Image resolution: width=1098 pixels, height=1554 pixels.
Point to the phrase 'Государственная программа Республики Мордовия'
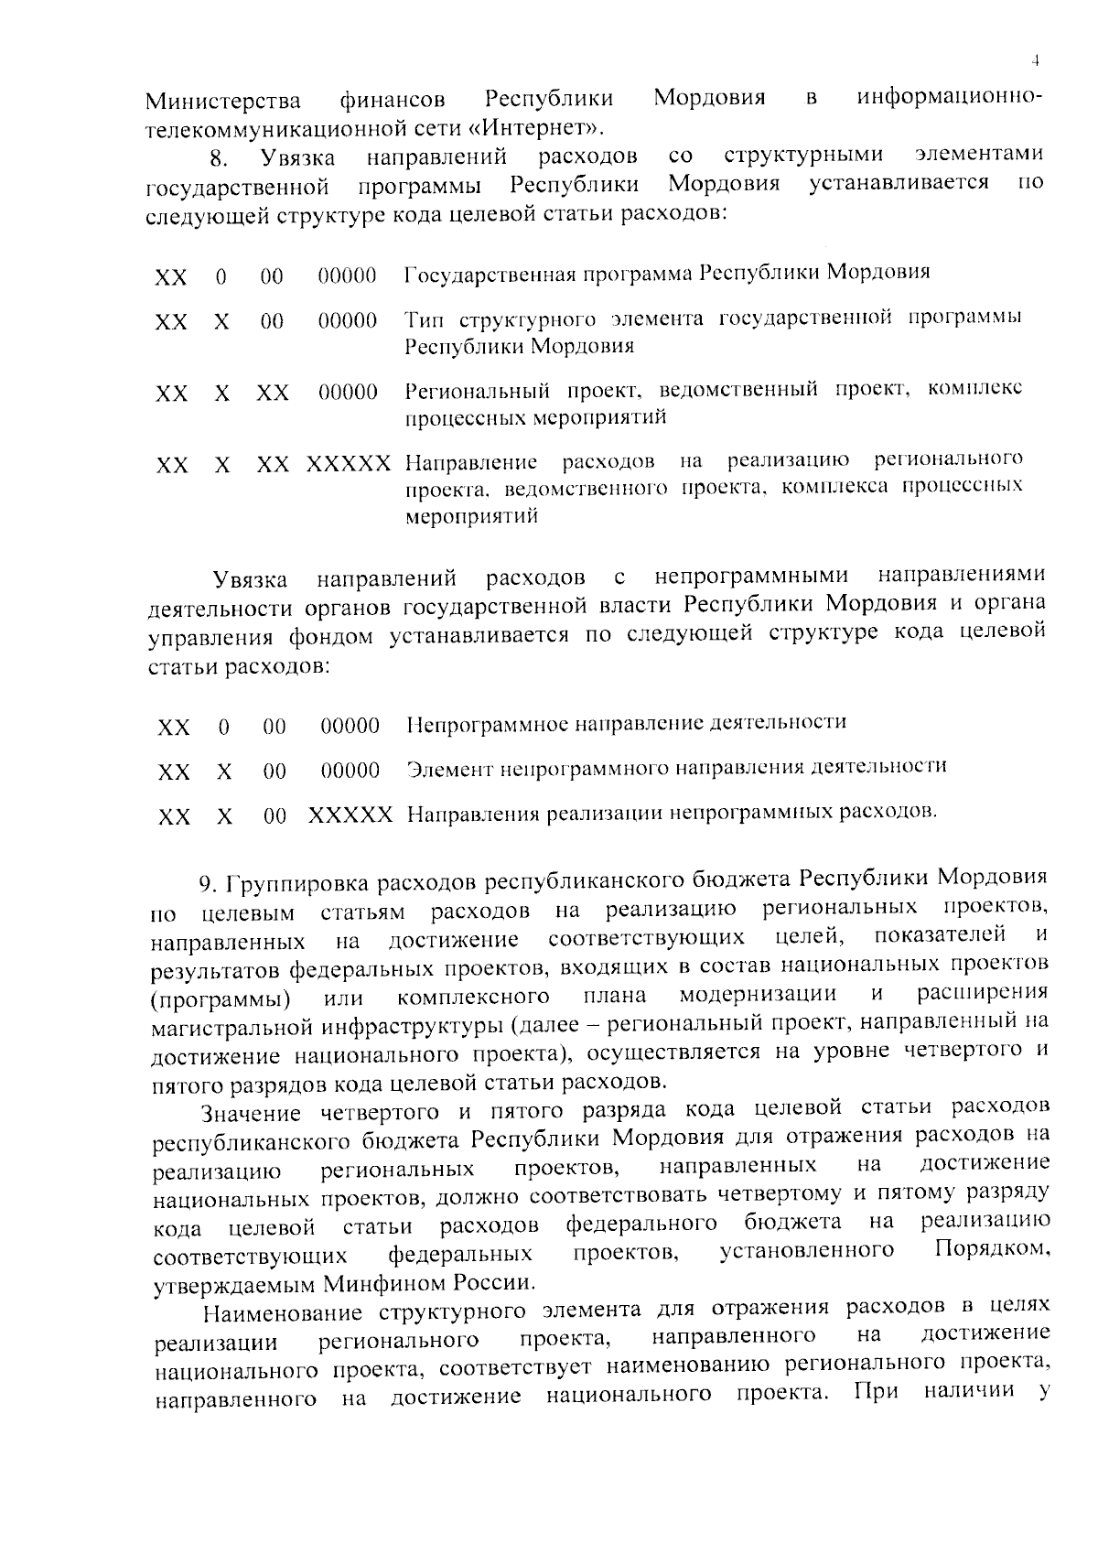pos(667,273)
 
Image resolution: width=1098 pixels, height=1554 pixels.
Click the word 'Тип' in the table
pos(425,319)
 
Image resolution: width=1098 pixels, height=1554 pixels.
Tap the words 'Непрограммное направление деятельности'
pos(626,723)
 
